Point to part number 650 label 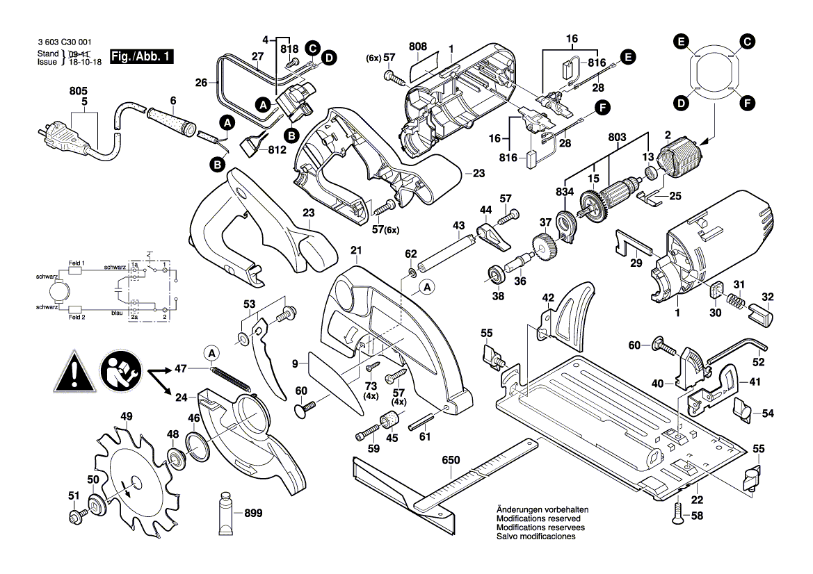[451, 460]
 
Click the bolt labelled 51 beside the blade [75, 516]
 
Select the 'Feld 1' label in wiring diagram [77, 263]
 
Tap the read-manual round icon [120, 372]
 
